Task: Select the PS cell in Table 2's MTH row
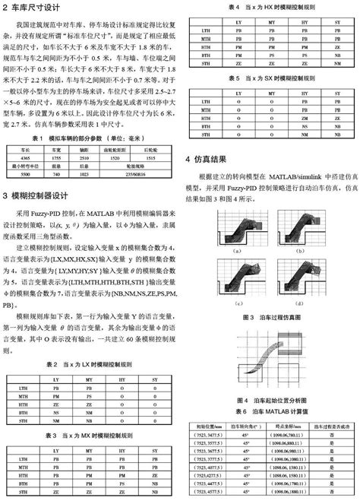[x=89, y=396]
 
